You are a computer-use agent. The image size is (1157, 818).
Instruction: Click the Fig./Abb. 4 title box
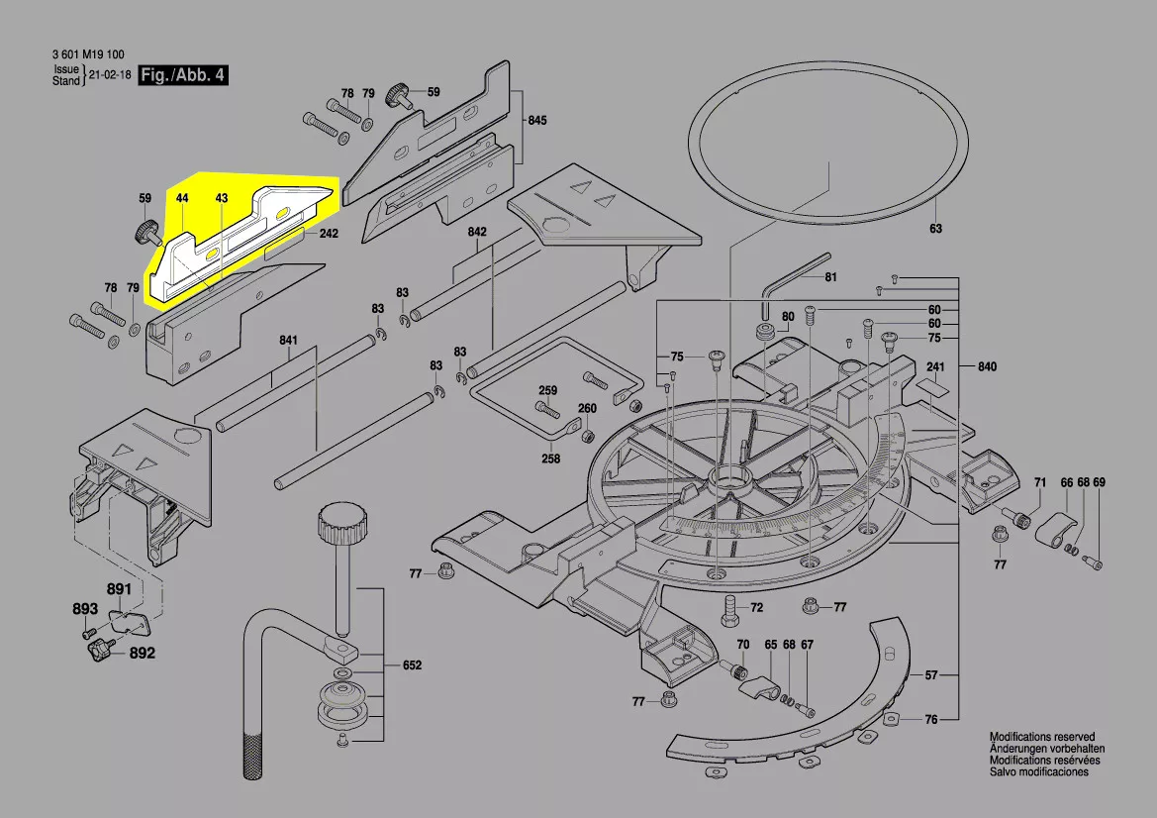pyautogui.click(x=183, y=75)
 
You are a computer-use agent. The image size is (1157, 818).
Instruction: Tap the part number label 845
pyautogui.click(x=536, y=121)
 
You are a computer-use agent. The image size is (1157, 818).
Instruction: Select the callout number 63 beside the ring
pyautogui.click(x=935, y=229)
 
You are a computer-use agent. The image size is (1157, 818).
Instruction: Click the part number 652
pyautogui.click(x=411, y=665)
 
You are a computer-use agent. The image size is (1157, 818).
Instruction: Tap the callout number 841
pyautogui.click(x=288, y=342)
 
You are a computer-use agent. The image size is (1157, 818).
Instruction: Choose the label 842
pyautogui.click(x=478, y=232)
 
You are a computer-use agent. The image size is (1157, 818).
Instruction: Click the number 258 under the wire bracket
pyautogui.click(x=550, y=459)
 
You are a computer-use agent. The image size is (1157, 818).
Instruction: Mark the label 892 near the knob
pyautogui.click(x=143, y=654)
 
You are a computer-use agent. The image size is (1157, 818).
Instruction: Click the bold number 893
pyautogui.click(x=85, y=609)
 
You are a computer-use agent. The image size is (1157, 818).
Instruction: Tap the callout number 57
pyautogui.click(x=930, y=675)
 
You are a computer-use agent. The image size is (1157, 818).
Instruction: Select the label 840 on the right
pyautogui.click(x=986, y=366)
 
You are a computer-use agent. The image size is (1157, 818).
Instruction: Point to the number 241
pyautogui.click(x=936, y=366)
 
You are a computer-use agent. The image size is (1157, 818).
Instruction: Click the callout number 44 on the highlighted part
pyautogui.click(x=182, y=199)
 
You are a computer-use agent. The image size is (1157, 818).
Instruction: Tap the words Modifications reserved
pyautogui.click(x=1042, y=738)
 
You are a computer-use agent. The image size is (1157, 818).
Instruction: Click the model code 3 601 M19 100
pyautogui.click(x=88, y=54)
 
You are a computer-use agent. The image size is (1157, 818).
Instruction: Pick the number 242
pyautogui.click(x=329, y=235)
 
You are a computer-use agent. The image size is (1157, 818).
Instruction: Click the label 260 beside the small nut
pyautogui.click(x=587, y=408)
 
